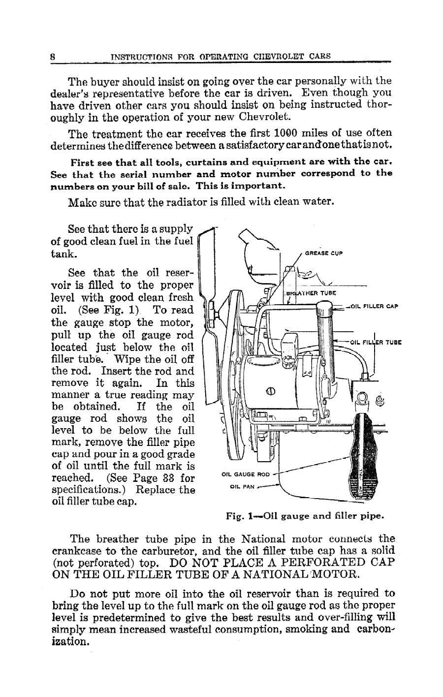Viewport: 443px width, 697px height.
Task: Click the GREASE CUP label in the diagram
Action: [x=323, y=254]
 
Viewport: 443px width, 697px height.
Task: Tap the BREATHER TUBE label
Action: [x=311, y=292]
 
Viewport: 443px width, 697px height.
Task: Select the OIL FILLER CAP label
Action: [x=374, y=306]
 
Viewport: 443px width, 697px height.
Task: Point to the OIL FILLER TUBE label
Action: [x=376, y=342]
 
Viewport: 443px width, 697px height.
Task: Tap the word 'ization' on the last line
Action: [x=70, y=642]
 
